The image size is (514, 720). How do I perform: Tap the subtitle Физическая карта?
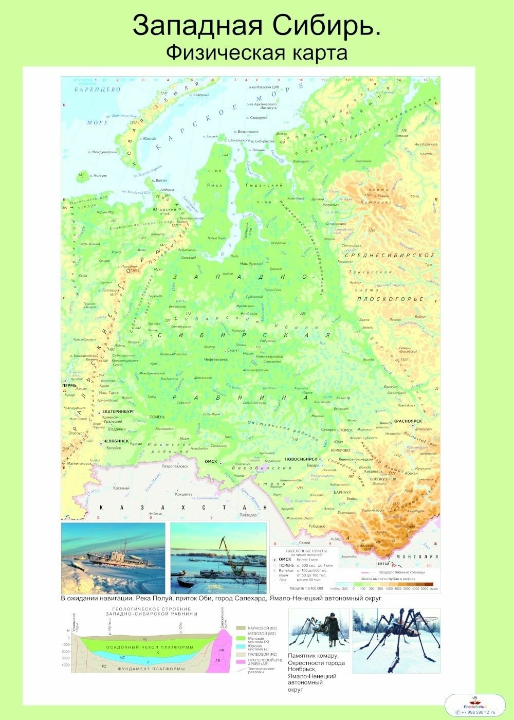click(256, 52)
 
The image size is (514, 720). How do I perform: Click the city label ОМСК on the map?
click(211, 461)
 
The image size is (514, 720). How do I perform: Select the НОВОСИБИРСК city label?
click(300, 459)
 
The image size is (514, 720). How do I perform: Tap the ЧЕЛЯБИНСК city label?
click(116, 441)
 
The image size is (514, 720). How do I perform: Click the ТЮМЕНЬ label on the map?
click(157, 417)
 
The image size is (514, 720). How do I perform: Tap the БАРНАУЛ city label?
click(342, 492)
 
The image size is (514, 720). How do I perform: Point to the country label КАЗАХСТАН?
click(182, 508)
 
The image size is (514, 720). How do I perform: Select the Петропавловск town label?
click(175, 466)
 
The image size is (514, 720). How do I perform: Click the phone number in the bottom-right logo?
click(478, 712)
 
